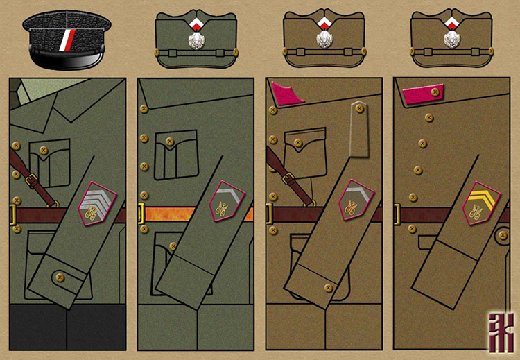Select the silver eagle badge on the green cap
(196, 40)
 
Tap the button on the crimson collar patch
(435, 92)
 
